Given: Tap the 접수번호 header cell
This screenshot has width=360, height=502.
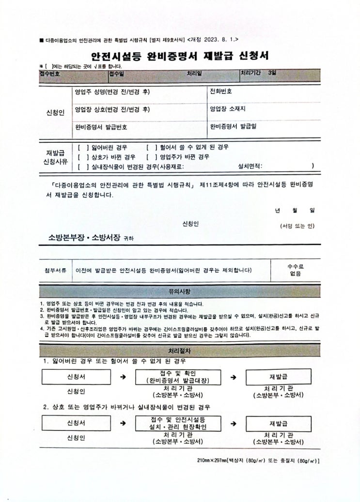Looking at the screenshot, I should pyautogui.click(x=49, y=74).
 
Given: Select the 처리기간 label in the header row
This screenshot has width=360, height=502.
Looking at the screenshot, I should pyautogui.click(x=250, y=73).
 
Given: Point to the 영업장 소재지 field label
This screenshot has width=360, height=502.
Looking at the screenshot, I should pyautogui.click(x=228, y=109).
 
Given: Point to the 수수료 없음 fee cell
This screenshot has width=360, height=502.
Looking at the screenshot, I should pyautogui.click(x=295, y=270).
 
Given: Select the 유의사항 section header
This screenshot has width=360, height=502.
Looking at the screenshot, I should pyautogui.click(x=179, y=292).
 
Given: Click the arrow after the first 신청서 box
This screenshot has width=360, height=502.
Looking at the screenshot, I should pyautogui.click(x=123, y=377).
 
